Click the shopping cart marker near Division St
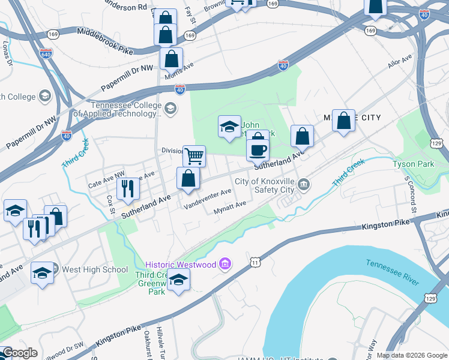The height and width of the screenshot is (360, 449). point(194,157)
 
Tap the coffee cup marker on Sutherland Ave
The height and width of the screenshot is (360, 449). point(258,150)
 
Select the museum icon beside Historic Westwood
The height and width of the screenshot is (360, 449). point(226,264)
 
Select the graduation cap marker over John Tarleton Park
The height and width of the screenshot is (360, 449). point(229,127)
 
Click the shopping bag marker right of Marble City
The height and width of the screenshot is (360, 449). point(343,121)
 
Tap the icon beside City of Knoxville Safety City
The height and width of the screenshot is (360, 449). point(304,184)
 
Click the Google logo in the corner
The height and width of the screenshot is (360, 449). point(19,353)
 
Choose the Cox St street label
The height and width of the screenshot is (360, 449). point(111,204)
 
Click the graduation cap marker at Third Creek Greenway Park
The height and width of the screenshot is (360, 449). point(178,280)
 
